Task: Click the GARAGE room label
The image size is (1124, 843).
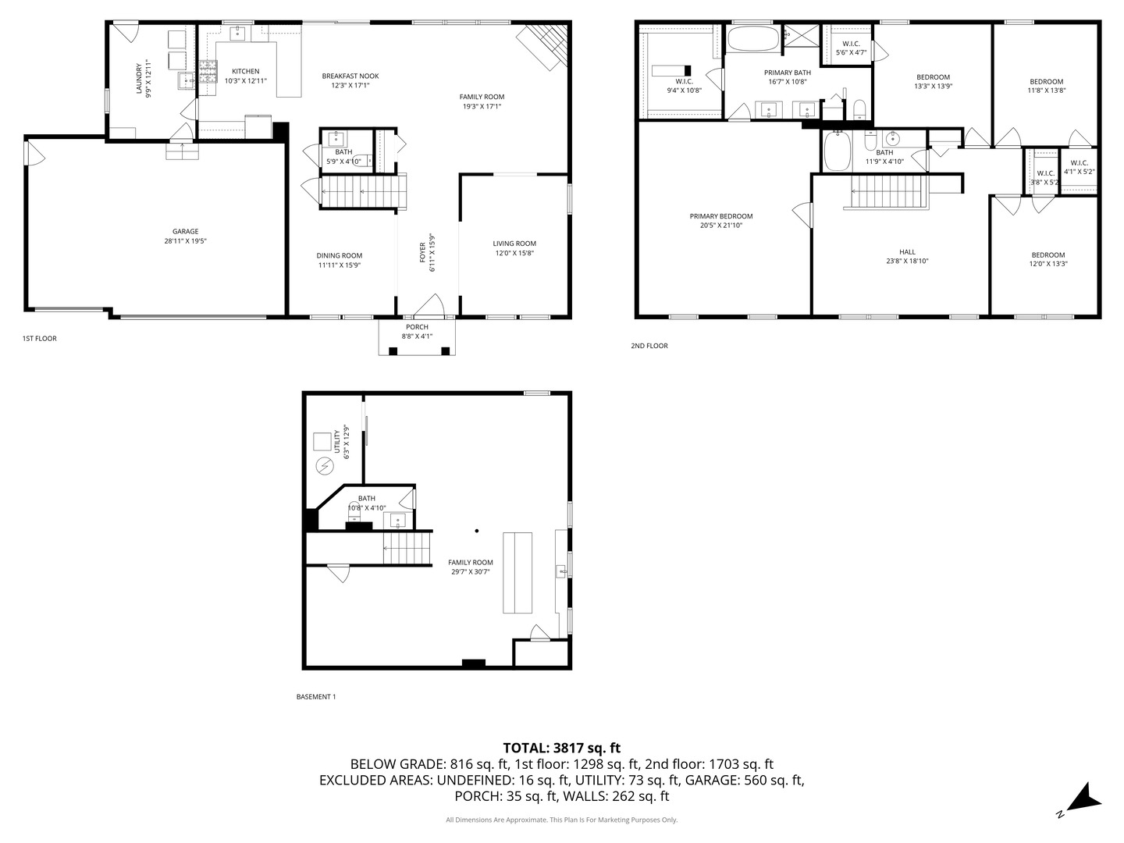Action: [185, 231]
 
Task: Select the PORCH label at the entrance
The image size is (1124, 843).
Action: [417, 327]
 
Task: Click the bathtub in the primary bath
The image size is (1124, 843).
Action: [753, 39]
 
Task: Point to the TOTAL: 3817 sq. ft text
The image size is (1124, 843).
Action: [561, 748]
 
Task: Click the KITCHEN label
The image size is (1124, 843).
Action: [245, 71]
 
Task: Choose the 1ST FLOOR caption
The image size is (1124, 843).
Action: [40, 339]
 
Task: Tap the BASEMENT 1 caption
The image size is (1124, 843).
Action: [316, 696]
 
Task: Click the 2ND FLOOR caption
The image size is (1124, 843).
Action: [649, 346]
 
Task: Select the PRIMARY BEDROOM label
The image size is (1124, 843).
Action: [721, 216]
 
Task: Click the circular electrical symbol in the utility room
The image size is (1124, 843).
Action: [323, 467]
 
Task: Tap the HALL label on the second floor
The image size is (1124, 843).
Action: [907, 251]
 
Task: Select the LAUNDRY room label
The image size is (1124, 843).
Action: [140, 79]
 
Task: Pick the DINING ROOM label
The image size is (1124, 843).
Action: [340, 255]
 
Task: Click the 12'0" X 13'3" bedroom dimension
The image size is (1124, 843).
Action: [1048, 264]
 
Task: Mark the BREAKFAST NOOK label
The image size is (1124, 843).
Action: [350, 76]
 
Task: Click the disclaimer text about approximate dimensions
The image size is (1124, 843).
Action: [561, 820]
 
